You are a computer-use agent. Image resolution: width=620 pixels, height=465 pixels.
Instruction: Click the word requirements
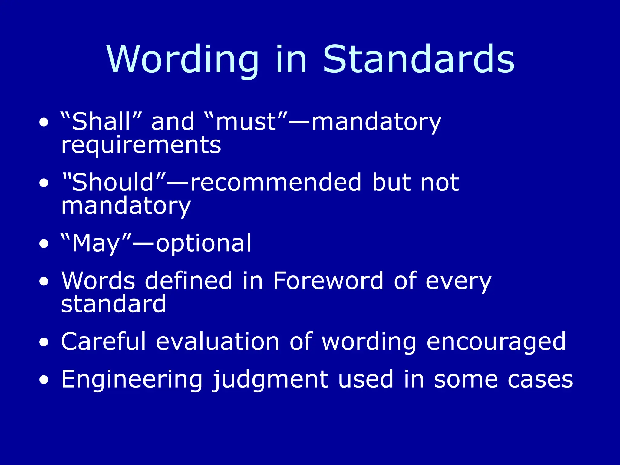pos(141,145)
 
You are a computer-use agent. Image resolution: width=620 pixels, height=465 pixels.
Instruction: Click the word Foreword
pos(328,281)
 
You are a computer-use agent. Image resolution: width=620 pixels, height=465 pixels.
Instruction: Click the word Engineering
pos(132,380)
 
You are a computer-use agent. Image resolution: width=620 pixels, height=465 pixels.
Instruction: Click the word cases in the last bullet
pos(540,380)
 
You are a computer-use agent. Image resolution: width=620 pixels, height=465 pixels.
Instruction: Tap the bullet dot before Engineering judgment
pos(44,380)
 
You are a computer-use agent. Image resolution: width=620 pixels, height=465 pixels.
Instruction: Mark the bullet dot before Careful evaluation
pos(44,342)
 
